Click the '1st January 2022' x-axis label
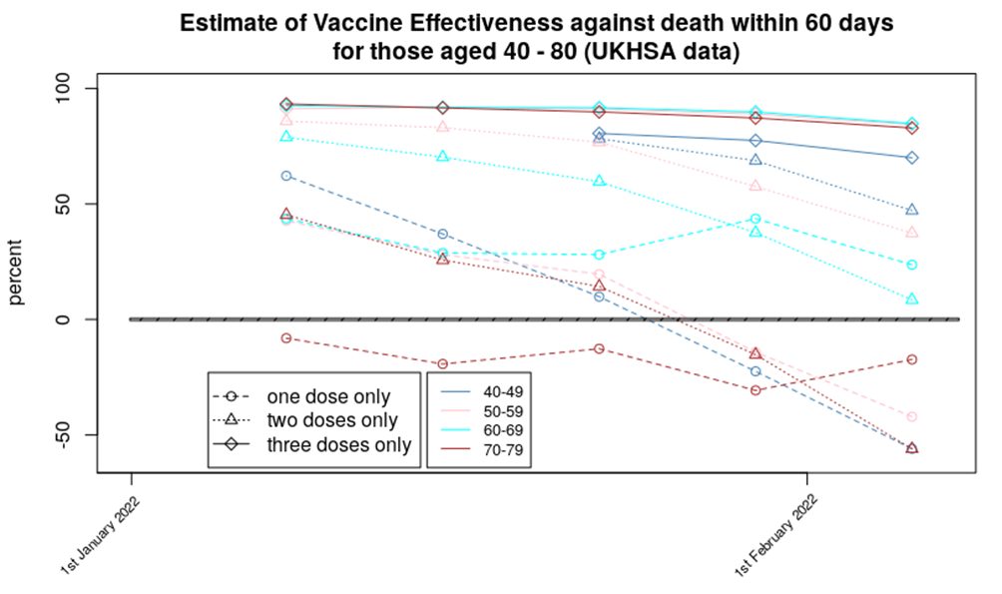point(100,535)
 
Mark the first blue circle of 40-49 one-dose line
point(286,176)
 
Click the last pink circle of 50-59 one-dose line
point(912,416)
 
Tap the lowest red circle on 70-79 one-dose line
point(755,389)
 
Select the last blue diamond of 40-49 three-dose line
point(912,158)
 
